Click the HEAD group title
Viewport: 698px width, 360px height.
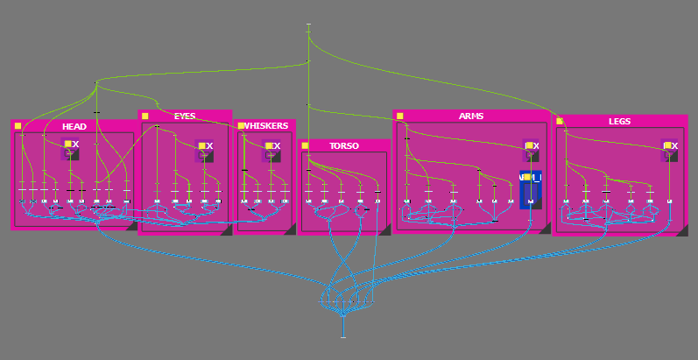(74, 126)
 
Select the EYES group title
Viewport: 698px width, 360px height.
(185, 116)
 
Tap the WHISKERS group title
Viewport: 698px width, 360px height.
(267, 125)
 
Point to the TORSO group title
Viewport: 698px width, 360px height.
(343, 145)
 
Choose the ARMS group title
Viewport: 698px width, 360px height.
(471, 116)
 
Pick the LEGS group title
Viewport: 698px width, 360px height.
(618, 121)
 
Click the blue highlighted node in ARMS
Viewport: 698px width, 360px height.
(531, 189)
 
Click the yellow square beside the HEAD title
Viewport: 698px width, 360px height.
(18, 126)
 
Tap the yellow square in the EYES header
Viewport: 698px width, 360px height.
(145, 116)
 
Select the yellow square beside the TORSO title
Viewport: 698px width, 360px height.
(305, 145)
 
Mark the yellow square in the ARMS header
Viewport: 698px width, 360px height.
(399, 116)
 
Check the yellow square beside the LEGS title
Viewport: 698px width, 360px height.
(560, 121)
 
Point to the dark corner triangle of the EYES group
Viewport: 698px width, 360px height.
(225, 229)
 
